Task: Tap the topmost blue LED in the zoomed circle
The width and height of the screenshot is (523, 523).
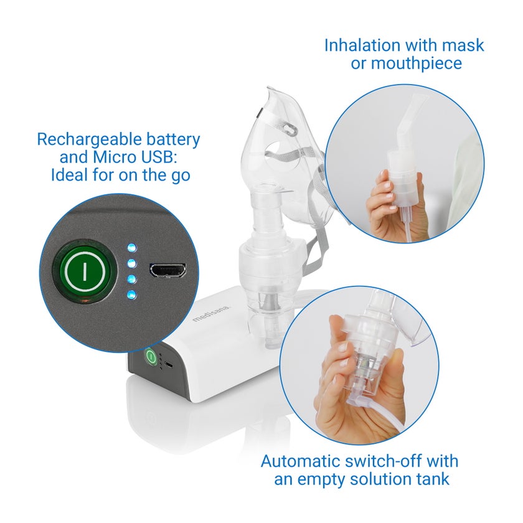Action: (132, 248)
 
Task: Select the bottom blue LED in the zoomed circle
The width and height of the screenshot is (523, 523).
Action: (132, 295)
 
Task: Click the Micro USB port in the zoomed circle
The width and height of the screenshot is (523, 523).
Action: (167, 270)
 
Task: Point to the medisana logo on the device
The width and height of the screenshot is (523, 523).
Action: (211, 314)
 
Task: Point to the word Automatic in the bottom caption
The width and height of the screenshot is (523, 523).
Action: (300, 461)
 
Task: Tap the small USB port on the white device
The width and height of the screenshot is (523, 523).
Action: (169, 365)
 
